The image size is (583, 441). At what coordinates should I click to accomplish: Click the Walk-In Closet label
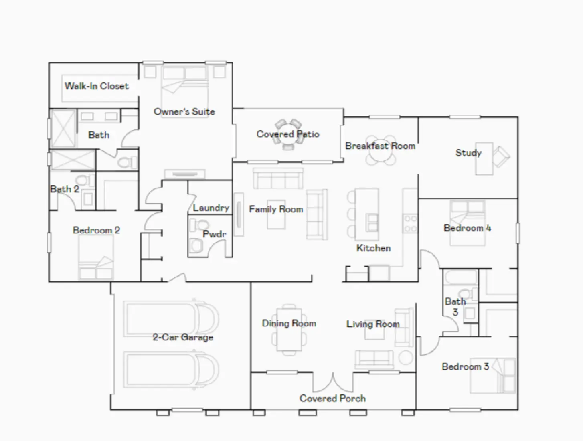click(97, 86)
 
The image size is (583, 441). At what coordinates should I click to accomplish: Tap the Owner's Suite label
click(184, 112)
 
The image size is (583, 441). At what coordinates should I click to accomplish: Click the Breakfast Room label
click(380, 146)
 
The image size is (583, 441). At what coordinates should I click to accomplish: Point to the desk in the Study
click(484, 158)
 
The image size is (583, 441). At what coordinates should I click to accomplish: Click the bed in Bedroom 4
click(467, 223)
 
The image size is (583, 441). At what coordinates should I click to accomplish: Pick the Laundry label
click(211, 208)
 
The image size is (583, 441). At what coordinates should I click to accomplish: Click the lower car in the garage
click(172, 370)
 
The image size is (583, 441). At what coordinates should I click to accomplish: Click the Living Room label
click(373, 324)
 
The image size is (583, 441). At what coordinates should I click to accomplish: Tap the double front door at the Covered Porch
click(333, 383)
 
